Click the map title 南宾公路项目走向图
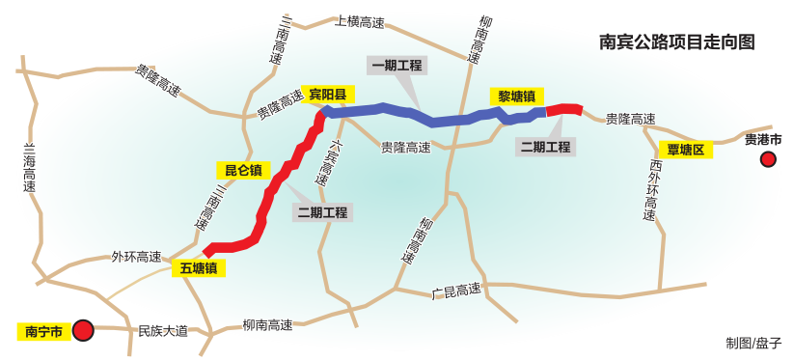click(675, 42)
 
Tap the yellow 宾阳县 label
click(328, 94)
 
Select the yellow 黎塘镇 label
click(518, 96)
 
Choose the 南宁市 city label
click(43, 332)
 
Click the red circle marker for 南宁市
click(84, 331)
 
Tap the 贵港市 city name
click(763, 139)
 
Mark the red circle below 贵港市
click(768, 159)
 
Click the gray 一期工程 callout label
click(397, 65)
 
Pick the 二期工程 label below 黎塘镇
click(545, 147)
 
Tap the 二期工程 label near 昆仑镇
click(322, 212)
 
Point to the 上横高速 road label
click(359, 21)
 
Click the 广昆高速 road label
click(455, 290)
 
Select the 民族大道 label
click(163, 330)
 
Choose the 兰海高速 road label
click(27, 168)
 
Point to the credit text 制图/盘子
click(753, 343)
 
